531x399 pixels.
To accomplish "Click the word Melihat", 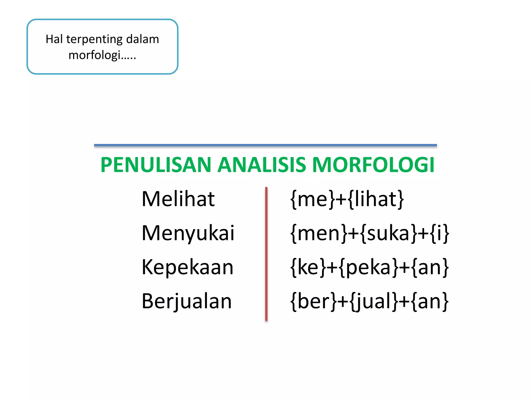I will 178,199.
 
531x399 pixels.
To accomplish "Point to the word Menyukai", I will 188,233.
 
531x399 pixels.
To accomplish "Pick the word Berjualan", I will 187,301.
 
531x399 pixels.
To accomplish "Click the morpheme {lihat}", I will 376,199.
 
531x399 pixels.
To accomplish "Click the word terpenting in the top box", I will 94,39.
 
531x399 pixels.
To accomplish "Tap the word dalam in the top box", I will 142,39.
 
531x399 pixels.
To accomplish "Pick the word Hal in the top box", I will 54,39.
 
